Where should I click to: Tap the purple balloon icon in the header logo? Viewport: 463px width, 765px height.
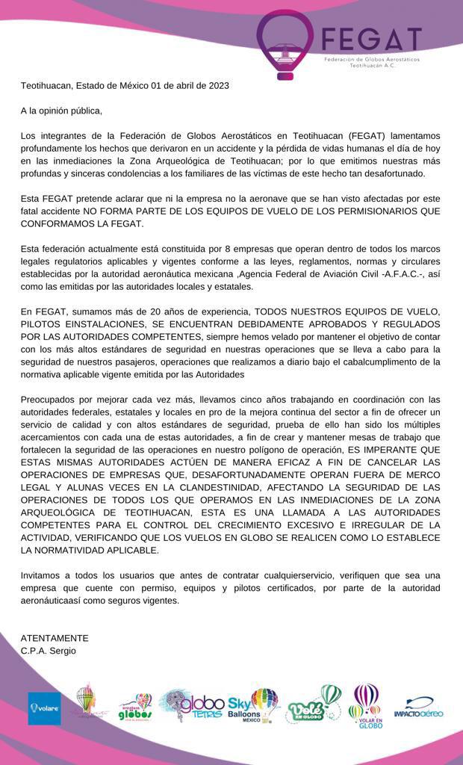pos(285,41)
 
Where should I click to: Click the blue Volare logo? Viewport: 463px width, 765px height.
pos(44,707)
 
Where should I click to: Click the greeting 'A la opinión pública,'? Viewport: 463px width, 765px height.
pos(61,111)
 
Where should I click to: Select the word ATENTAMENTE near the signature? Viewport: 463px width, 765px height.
pos(55,638)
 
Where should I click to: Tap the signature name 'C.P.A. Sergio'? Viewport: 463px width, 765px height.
pos(49,651)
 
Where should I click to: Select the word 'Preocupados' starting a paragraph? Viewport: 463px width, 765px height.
pos(49,399)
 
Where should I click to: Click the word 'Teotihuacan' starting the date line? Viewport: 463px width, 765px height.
pos(46,85)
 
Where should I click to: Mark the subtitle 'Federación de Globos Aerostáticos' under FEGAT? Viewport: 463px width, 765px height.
pos(371,58)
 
